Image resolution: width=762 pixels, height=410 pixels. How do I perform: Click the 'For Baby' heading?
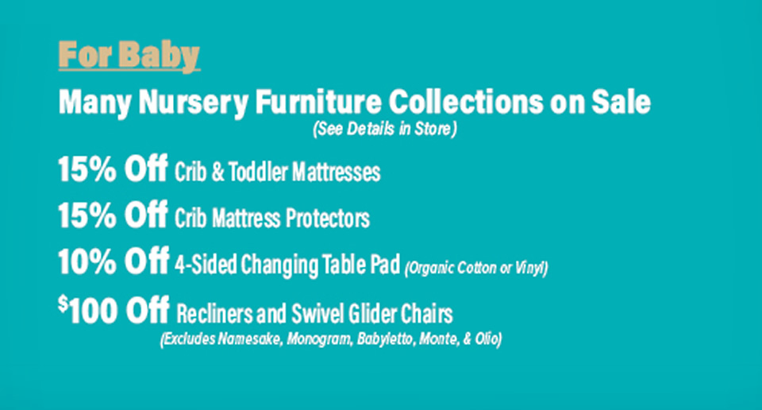pyautogui.click(x=129, y=56)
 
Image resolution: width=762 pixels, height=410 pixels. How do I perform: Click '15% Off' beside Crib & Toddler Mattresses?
pyautogui.click(x=112, y=170)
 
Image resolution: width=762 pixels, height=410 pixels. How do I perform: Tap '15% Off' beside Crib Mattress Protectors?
pyautogui.click(x=112, y=215)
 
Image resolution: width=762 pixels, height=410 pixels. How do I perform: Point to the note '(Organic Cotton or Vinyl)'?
pyautogui.click(x=476, y=268)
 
